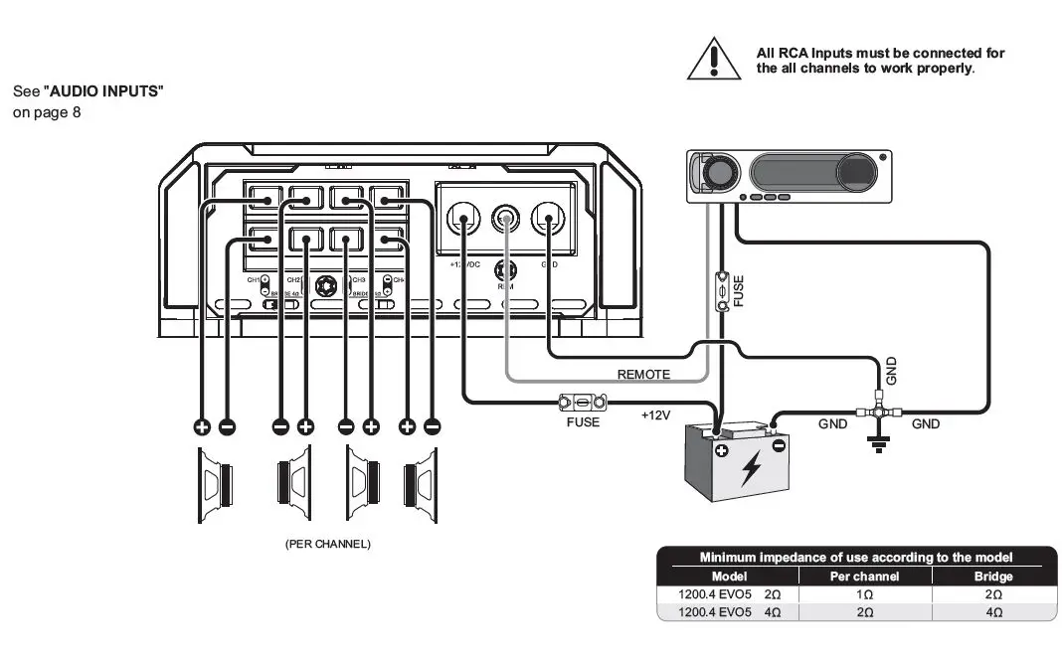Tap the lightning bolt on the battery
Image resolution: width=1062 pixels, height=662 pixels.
751,467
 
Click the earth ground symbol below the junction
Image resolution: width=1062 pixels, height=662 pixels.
878,442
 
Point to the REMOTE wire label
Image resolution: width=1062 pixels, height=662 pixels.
643,375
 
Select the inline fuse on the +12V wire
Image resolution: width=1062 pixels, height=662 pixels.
582,404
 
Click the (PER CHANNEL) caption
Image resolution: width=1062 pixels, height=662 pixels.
327,544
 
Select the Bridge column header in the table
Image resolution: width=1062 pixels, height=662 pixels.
993,577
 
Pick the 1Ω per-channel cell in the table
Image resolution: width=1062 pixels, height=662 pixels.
864,593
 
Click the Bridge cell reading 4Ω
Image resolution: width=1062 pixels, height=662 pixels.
993,611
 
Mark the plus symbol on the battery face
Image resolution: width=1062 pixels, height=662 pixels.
721,452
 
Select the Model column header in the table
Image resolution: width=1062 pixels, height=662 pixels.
729,577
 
